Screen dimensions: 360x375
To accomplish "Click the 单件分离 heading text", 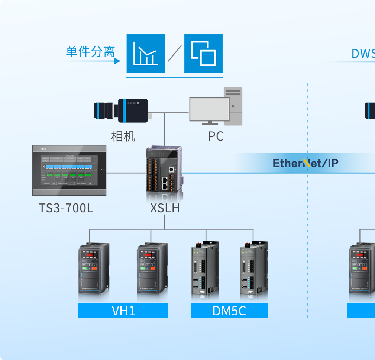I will point(90,52).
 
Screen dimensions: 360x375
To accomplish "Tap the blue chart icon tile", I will point(146,54).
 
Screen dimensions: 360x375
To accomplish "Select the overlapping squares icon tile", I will point(203,54).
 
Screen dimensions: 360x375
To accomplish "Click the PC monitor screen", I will point(209,109).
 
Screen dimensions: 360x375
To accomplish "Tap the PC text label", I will point(216,136).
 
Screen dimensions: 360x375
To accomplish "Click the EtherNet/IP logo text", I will point(306,163).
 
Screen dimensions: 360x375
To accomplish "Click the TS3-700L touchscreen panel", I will point(69,171).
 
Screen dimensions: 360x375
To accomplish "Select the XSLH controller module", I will point(164,170).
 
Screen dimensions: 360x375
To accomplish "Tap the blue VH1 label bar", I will point(123,311).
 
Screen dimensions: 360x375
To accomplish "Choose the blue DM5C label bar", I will point(229,311).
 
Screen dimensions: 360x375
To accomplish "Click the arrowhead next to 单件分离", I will point(117,61).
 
